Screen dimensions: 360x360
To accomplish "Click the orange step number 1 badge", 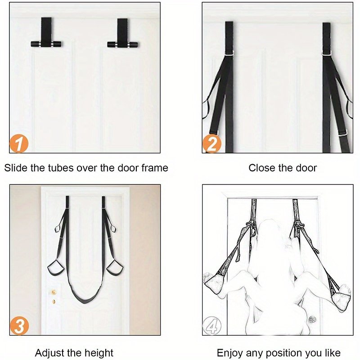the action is [x=19, y=144].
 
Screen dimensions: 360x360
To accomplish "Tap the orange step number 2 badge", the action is [x=211, y=144].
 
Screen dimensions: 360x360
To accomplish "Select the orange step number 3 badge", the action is [x=19, y=326].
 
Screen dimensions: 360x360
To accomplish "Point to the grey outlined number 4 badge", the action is [x=212, y=326].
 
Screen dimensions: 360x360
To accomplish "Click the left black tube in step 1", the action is [x=46, y=44].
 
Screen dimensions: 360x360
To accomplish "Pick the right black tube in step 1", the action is [x=122, y=44].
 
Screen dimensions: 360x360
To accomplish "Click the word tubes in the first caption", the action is [x=61, y=168].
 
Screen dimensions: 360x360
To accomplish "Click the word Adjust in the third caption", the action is [x=49, y=353].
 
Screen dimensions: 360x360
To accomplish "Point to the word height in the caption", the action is [x=99, y=353].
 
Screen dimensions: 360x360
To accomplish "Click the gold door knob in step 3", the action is [x=54, y=292].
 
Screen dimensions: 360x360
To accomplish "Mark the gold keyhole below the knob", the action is [x=54, y=301].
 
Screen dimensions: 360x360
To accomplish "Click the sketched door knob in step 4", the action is [x=312, y=319].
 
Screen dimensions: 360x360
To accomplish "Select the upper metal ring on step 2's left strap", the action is [x=229, y=53].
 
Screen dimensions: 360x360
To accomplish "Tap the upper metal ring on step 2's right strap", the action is [x=326, y=54].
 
